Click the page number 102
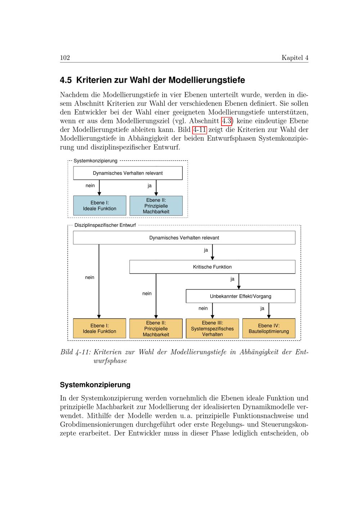[65, 58]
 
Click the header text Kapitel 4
[295, 58]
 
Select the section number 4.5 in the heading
[66, 80]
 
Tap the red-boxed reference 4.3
[226, 121]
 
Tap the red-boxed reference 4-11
[199, 130]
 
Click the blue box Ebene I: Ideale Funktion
[100, 206]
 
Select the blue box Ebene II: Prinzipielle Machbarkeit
[156, 206]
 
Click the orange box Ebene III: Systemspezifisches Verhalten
[212, 328]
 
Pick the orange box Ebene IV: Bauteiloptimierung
[269, 328]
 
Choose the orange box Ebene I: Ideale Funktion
[100, 328]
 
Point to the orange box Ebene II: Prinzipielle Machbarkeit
[156, 328]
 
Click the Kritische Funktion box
[212, 267]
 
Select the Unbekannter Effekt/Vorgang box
[240, 296]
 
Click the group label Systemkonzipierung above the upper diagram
[95, 161]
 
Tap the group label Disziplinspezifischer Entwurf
[105, 225]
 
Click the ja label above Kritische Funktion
[206, 250]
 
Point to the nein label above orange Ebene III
[203, 308]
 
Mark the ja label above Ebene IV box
[262, 308]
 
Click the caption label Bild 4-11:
[76, 352]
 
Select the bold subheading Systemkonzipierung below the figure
[95, 385]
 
